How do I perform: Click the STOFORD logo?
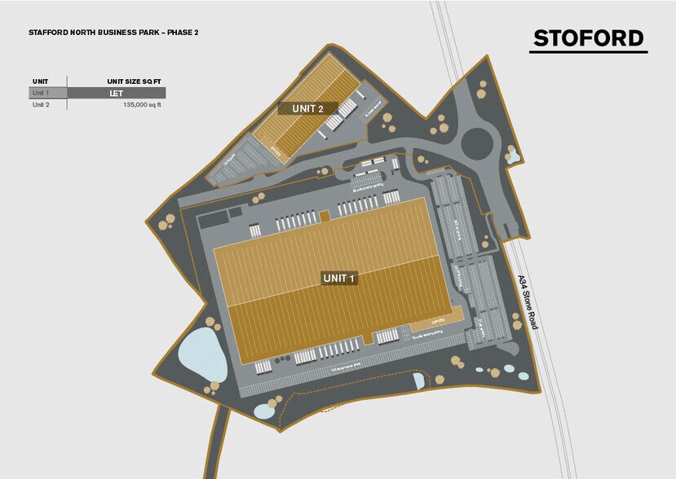[588, 38]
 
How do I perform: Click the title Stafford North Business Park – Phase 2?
[113, 33]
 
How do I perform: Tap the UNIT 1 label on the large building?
[340, 278]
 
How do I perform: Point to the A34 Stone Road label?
[528, 301]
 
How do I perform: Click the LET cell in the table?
[116, 93]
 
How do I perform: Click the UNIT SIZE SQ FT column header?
[134, 81]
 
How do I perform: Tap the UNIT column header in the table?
[40, 81]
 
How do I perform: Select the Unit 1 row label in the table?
[41, 93]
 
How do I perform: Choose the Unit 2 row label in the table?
[41, 105]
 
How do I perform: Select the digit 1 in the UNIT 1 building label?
[353, 278]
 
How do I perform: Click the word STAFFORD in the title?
[46, 33]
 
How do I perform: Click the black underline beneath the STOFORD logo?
[588, 53]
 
